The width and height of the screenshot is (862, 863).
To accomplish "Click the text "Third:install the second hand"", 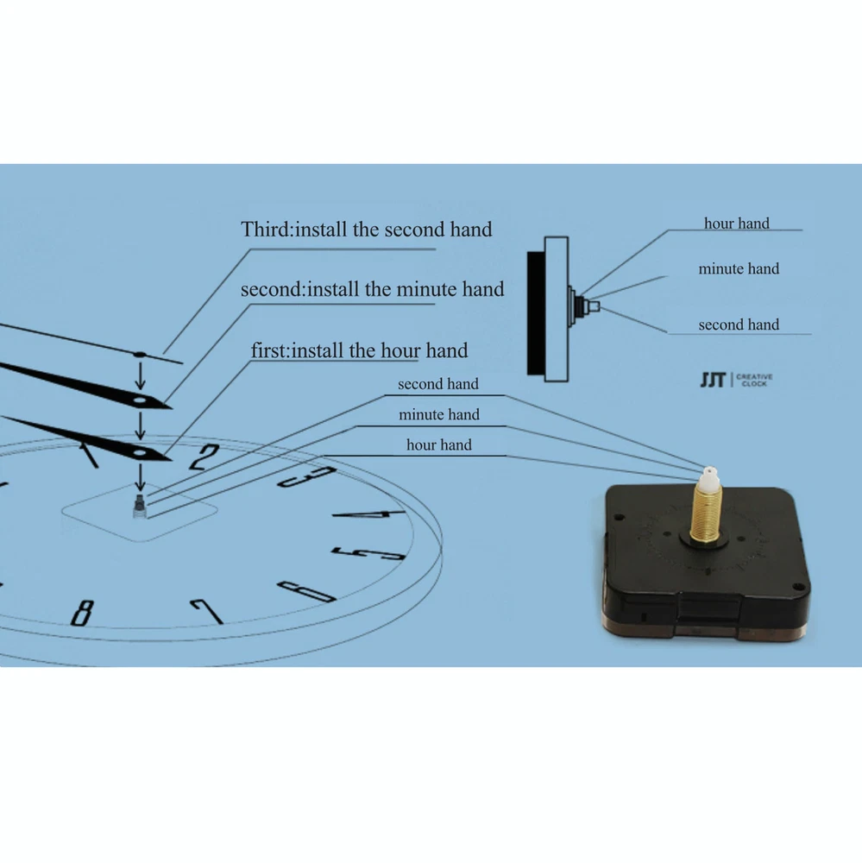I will pyautogui.click(x=367, y=230).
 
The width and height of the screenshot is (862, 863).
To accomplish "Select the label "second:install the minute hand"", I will pyautogui.click(x=372, y=289).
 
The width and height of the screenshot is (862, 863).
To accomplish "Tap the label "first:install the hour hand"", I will pyautogui.click(x=359, y=351).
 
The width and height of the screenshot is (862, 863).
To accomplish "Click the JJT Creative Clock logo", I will pyautogui.click(x=736, y=380).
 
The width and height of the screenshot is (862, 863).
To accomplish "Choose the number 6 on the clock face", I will pyautogui.click(x=306, y=591).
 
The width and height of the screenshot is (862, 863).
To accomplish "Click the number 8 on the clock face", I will pyautogui.click(x=82, y=612).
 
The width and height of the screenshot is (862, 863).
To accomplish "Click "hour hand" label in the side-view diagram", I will pyautogui.click(x=736, y=224).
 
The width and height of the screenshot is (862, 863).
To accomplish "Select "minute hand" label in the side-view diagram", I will pyautogui.click(x=739, y=269).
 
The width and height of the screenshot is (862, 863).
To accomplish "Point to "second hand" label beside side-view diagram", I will pyautogui.click(x=739, y=325).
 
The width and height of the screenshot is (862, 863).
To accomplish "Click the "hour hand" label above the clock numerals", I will pyautogui.click(x=439, y=445).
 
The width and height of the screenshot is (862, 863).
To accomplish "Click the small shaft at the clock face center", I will pyautogui.click(x=140, y=507).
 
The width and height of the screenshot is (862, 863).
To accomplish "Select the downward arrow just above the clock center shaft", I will pyautogui.click(x=141, y=477).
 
